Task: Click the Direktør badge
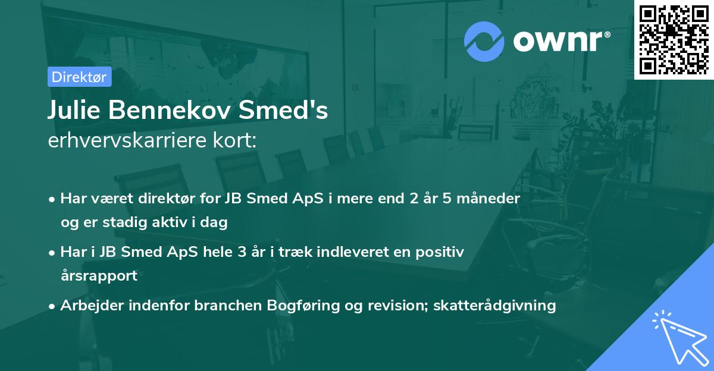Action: point(79,77)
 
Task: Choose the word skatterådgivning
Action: point(495,306)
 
